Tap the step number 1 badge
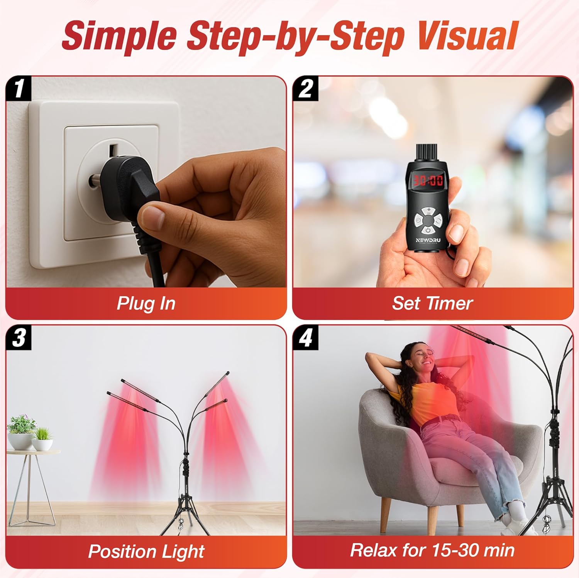(18, 88)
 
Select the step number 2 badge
(305, 88)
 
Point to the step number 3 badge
(18, 337)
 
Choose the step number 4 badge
(305, 337)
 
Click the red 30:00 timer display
(428, 180)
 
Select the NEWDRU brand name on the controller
(428, 240)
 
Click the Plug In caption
(146, 303)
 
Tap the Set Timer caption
(432, 303)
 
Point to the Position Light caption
(146, 551)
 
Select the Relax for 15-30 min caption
(432, 550)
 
